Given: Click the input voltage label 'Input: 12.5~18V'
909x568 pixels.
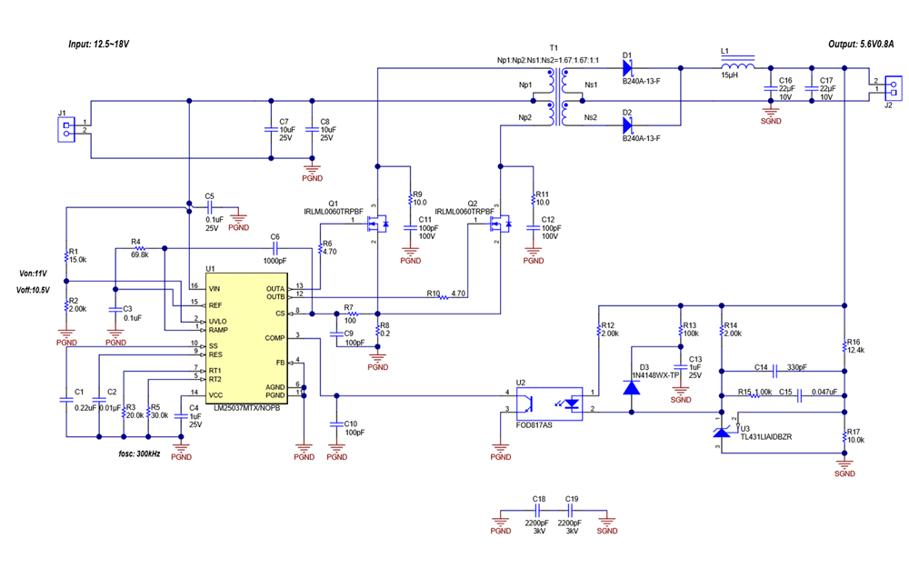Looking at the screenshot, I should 99,44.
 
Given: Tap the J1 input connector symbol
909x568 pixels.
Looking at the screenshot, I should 65,127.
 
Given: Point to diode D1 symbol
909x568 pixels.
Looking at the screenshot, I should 627,67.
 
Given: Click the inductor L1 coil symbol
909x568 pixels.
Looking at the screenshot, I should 737,67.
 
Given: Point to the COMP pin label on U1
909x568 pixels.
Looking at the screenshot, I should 274,337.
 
